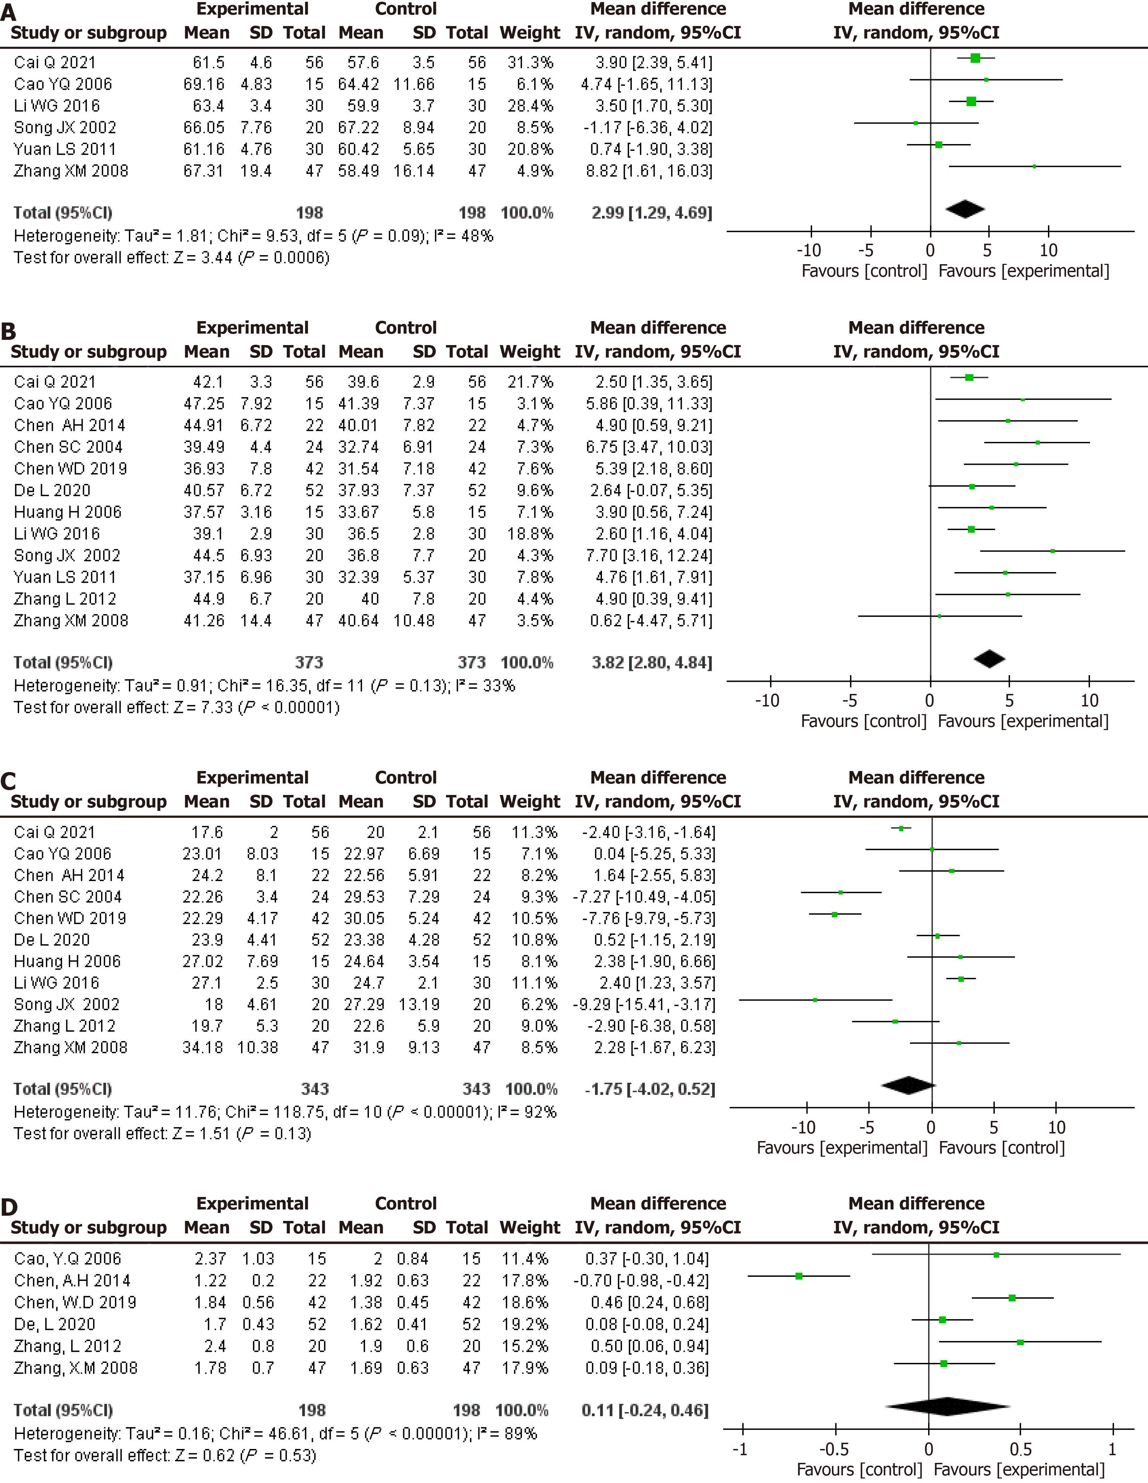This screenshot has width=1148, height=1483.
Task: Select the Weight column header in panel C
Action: pyautogui.click(x=530, y=802)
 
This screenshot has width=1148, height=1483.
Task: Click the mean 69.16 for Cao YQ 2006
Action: pyautogui.click(x=204, y=84)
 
